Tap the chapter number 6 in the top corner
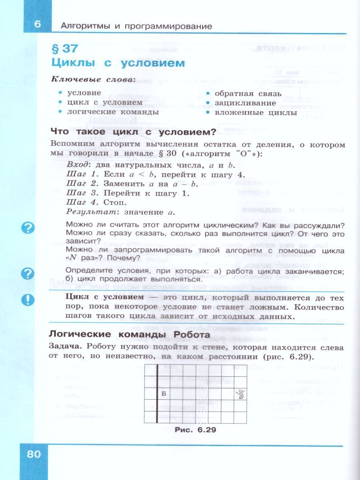coord(37,24)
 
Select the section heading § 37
coord(64,49)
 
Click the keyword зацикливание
coord(241,103)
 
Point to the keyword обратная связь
coord(248,94)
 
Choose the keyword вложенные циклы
coord(256,112)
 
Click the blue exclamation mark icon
coord(28,299)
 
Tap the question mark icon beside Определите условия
coord(28,274)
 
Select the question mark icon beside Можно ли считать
coord(28,228)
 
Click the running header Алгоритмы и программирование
coord(136,26)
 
